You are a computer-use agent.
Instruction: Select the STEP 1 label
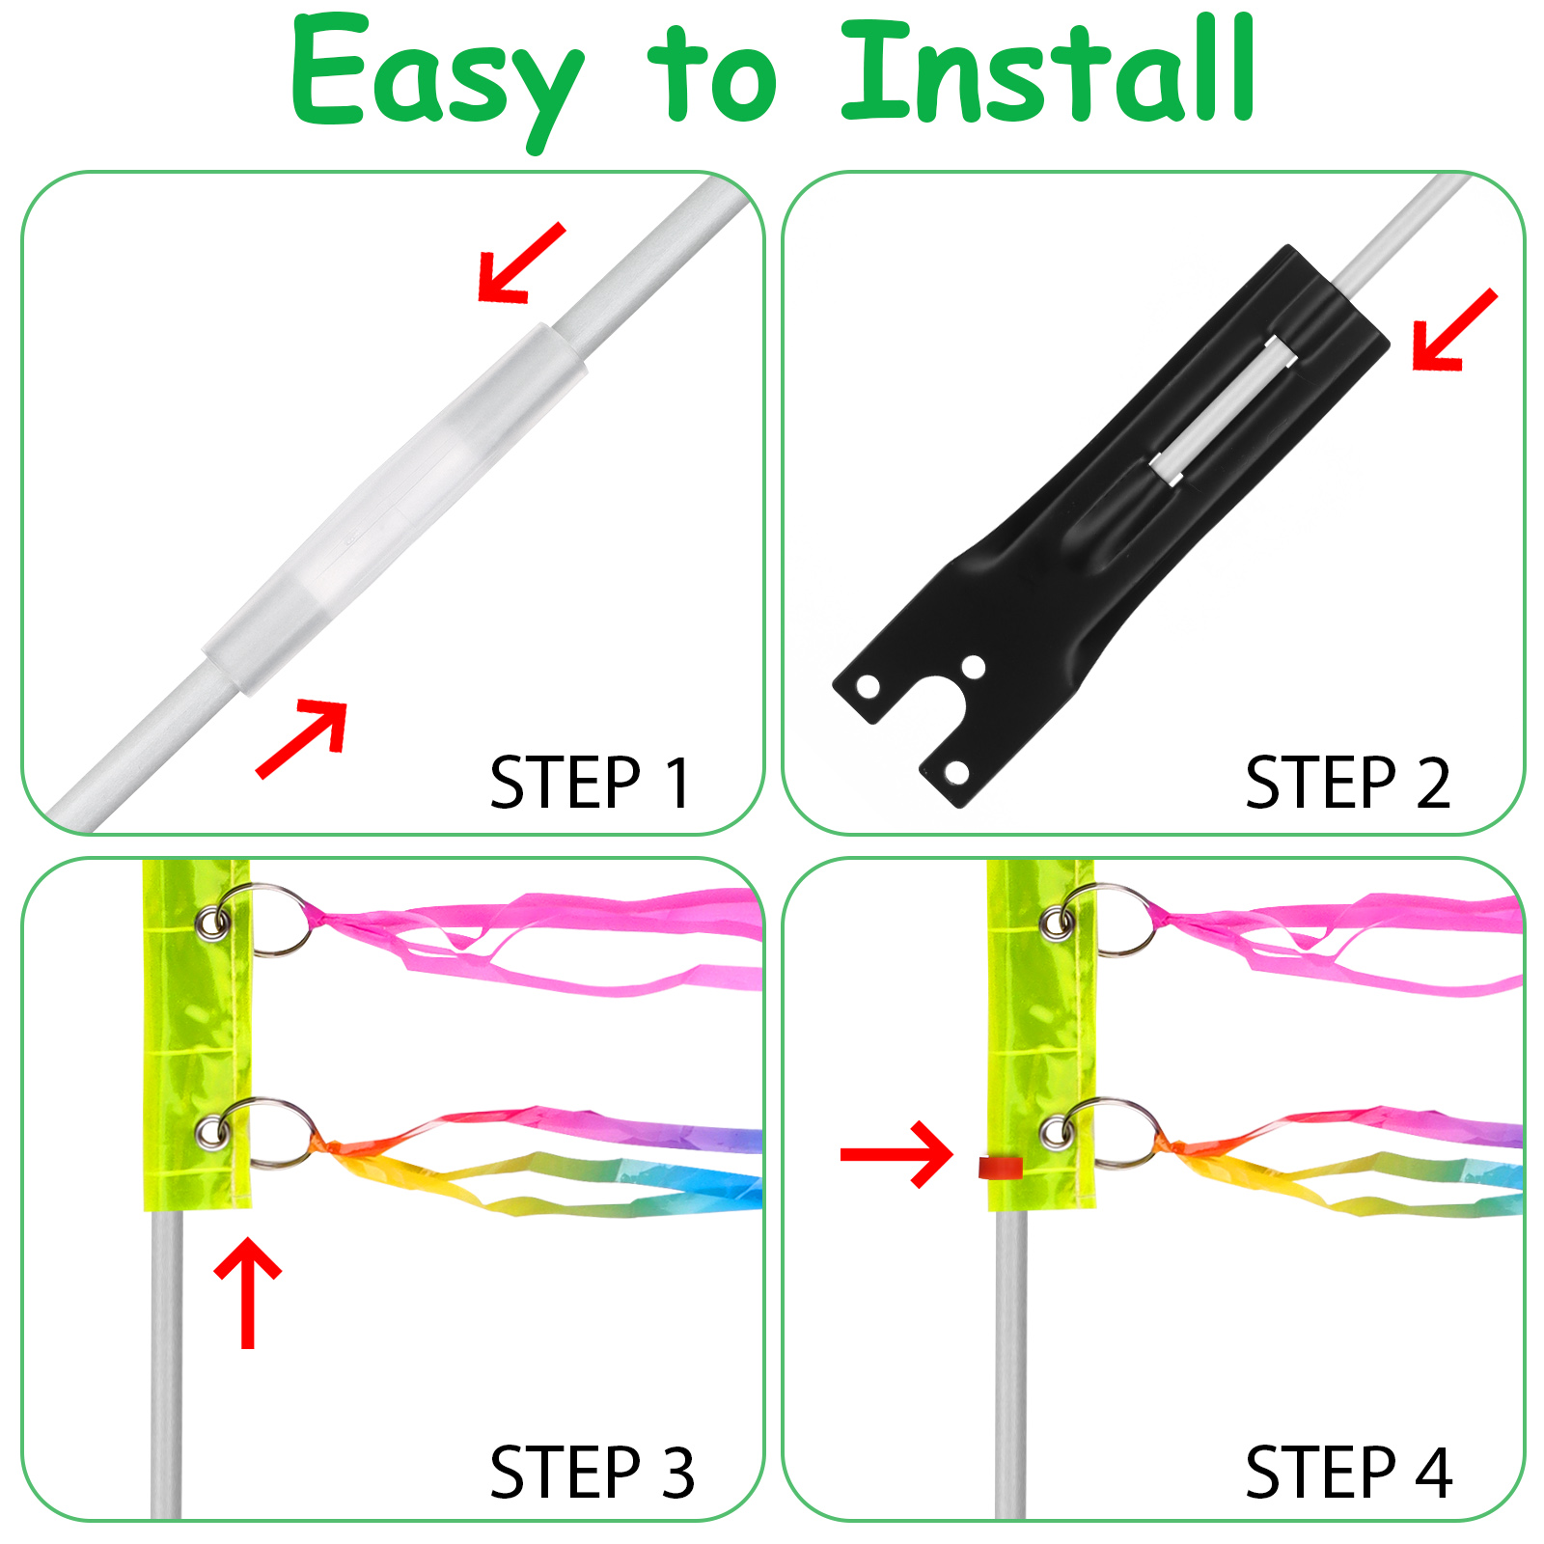tap(591, 783)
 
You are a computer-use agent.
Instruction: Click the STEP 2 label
tap(1348, 783)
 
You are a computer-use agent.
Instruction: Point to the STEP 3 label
tap(593, 1473)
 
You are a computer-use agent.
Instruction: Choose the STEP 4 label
tap(1349, 1473)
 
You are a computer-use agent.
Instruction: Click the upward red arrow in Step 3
tap(248, 1292)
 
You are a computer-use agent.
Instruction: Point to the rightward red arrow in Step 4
tap(896, 1154)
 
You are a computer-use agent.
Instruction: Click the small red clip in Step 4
tap(1001, 1167)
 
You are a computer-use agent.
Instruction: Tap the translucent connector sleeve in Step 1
tap(396, 510)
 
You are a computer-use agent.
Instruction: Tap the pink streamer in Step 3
tap(540, 941)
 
